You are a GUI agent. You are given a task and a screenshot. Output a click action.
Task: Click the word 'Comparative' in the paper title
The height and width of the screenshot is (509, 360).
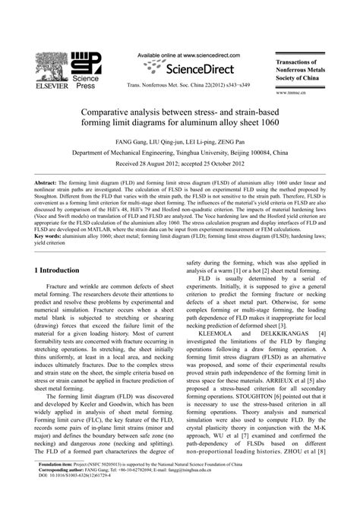tap(111, 111)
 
